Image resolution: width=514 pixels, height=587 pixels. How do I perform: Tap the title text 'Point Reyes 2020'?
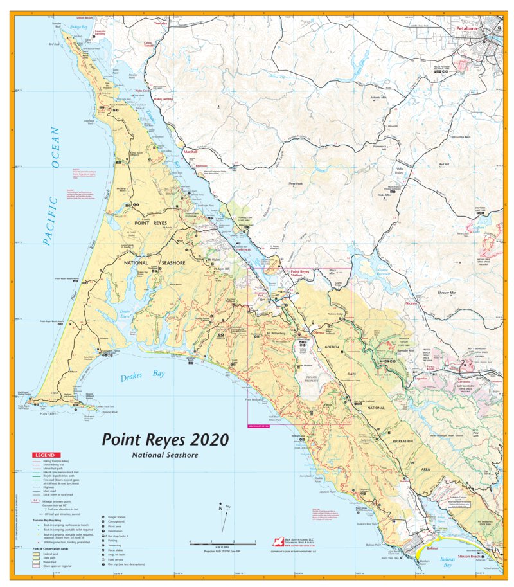click(166, 440)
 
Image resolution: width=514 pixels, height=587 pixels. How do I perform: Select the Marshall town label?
click(190, 152)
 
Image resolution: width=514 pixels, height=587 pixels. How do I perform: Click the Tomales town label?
click(161, 23)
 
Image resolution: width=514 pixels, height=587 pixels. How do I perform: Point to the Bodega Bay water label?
click(78, 27)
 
